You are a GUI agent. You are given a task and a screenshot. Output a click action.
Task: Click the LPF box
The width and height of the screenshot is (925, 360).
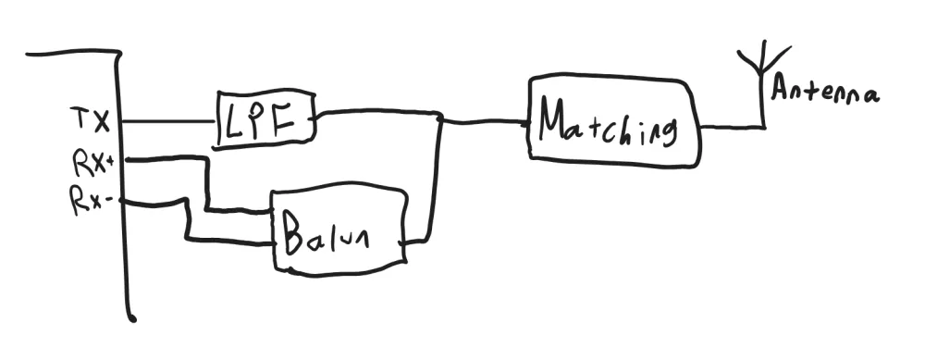click(266, 120)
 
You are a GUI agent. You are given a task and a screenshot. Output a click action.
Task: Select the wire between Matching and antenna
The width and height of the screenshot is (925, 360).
click(731, 126)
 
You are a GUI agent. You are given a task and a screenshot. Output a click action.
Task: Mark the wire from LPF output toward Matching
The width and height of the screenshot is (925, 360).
click(379, 114)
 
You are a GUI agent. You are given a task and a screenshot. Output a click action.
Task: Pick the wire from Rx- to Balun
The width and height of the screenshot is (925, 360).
click(190, 222)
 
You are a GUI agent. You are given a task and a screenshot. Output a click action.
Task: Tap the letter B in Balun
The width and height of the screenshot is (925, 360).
click(295, 235)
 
